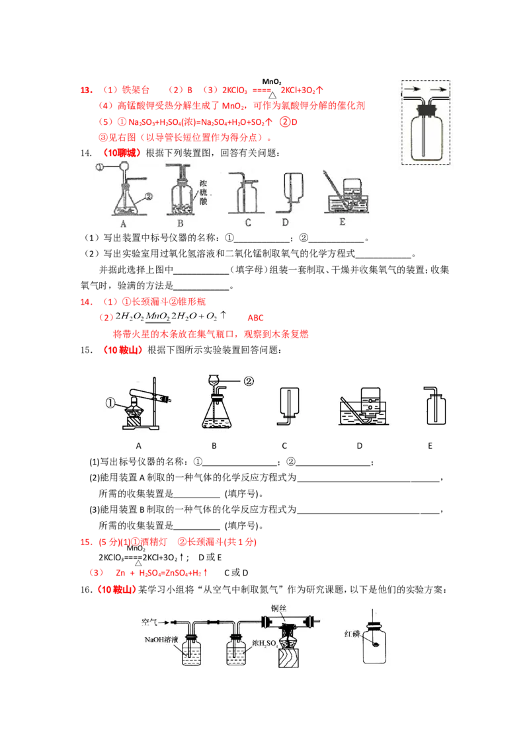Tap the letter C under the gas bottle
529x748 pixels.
[x=247, y=223]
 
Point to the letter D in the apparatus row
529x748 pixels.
[x=286, y=223]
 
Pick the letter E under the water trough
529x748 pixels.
[x=342, y=223]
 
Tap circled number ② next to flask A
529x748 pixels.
[x=149, y=196]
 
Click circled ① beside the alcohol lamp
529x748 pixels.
[x=112, y=401]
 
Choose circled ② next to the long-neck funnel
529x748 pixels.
[x=249, y=381]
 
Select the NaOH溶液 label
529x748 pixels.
[x=162, y=640]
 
